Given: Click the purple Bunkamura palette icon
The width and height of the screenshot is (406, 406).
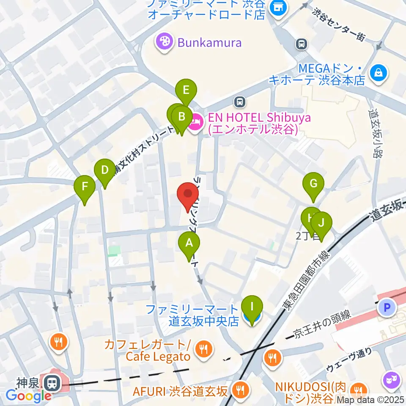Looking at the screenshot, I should [x=162, y=42].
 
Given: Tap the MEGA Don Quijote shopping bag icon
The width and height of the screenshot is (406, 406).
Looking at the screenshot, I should [x=377, y=73].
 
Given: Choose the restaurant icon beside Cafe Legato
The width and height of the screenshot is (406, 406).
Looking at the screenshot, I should [x=204, y=348].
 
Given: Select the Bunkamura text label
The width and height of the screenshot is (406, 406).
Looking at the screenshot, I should [x=209, y=43].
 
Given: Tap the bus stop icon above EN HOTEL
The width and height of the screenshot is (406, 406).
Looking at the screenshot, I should [x=240, y=101].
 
